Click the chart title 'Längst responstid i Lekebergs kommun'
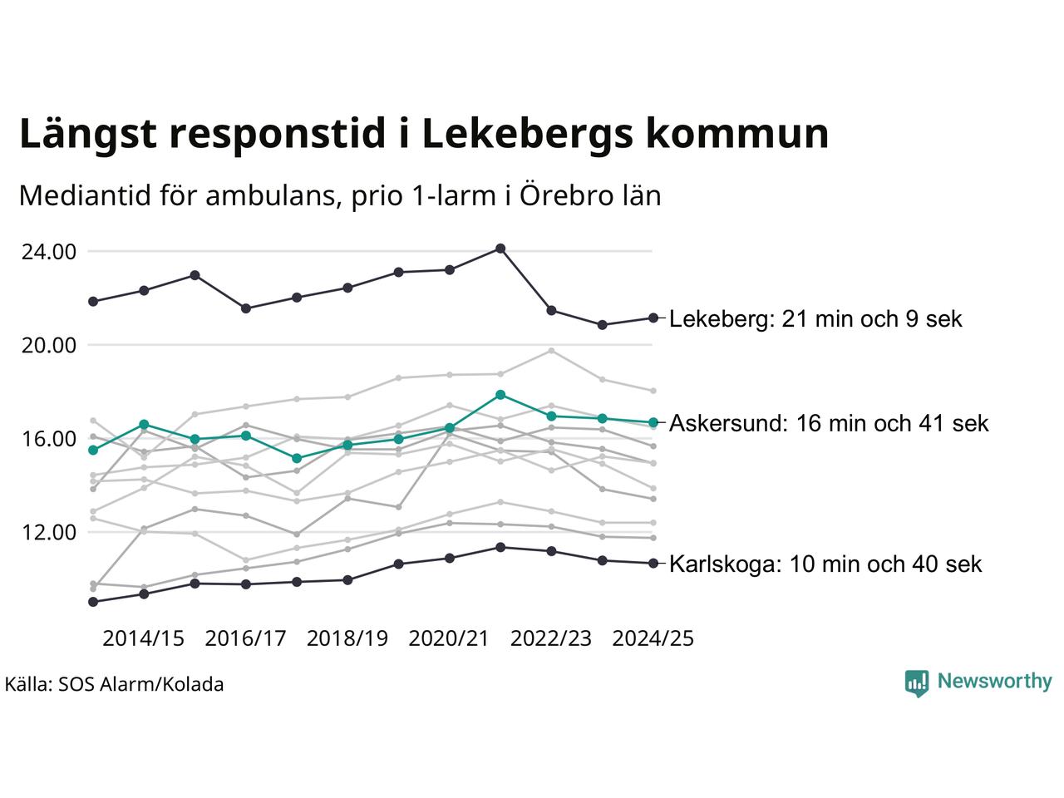[424, 135]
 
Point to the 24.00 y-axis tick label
[47, 251]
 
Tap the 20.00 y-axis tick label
[47, 345]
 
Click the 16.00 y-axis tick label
[47, 439]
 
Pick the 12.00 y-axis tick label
[47, 532]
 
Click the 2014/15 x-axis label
[143, 638]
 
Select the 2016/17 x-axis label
[245, 638]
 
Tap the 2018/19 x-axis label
[347, 638]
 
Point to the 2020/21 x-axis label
[449, 638]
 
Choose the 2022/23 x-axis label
[551, 638]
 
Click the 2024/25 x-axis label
[653, 638]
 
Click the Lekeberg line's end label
[815, 319]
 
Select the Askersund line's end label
[829, 423]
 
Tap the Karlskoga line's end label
[825, 564]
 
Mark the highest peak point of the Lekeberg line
[500, 249]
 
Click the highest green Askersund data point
[500, 395]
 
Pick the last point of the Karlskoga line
[653, 564]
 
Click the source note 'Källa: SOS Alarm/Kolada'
[114, 685]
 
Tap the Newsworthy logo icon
[916, 682]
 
